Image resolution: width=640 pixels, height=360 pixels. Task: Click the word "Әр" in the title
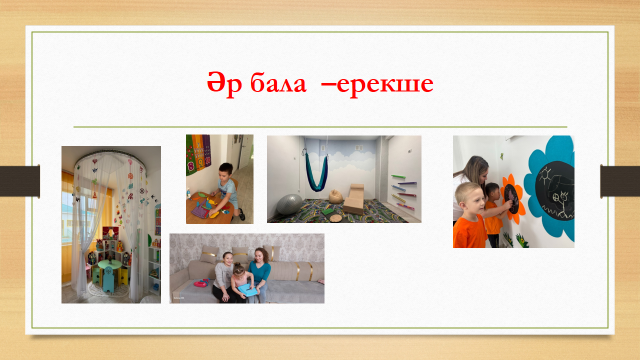(x=224, y=84)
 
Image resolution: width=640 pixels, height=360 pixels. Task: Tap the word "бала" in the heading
(x=278, y=83)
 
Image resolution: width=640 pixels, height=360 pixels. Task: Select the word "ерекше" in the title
(x=385, y=85)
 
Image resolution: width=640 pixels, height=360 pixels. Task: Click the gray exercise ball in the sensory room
(x=289, y=204)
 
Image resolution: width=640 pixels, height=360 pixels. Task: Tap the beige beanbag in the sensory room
(x=336, y=196)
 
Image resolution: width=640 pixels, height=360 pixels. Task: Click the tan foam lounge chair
(x=354, y=199)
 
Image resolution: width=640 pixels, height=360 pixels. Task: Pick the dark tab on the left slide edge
(x=20, y=181)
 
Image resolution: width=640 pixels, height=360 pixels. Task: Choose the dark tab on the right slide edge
(x=620, y=181)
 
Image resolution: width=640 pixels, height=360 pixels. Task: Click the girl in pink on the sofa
(x=242, y=283)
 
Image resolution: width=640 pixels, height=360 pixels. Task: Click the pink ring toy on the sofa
(x=200, y=283)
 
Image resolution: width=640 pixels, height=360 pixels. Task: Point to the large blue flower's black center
(x=555, y=191)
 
